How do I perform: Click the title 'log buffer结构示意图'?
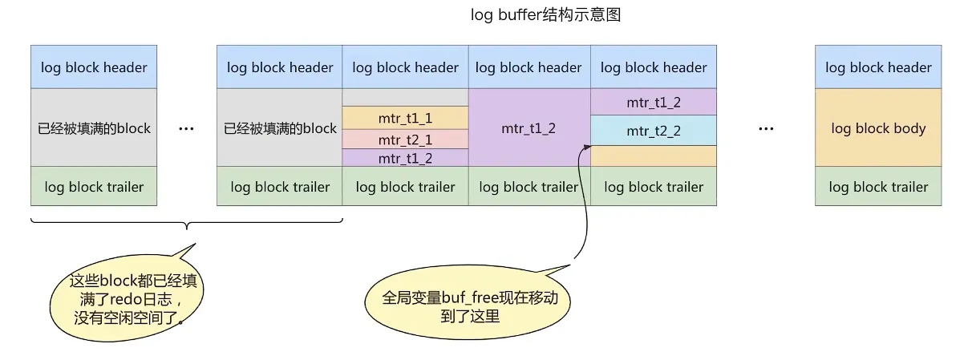click(545, 15)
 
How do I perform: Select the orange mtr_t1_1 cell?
click(405, 118)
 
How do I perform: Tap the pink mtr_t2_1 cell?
click(405, 139)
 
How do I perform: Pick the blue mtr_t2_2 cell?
click(653, 131)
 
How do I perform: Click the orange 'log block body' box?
click(878, 128)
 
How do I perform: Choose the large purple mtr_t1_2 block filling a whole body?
click(529, 128)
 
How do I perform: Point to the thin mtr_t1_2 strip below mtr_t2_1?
click(405, 158)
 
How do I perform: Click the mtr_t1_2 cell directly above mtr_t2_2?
click(653, 102)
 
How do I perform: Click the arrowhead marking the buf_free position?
click(588, 147)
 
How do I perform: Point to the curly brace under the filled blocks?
click(186, 224)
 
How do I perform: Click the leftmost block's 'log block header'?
click(94, 67)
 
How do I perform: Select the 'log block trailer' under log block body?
click(878, 187)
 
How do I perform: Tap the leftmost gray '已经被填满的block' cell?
click(94, 128)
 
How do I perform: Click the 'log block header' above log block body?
click(878, 67)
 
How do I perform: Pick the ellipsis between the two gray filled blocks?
click(186, 129)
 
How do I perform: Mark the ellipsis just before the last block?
click(765, 129)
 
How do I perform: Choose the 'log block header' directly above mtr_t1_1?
click(405, 67)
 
